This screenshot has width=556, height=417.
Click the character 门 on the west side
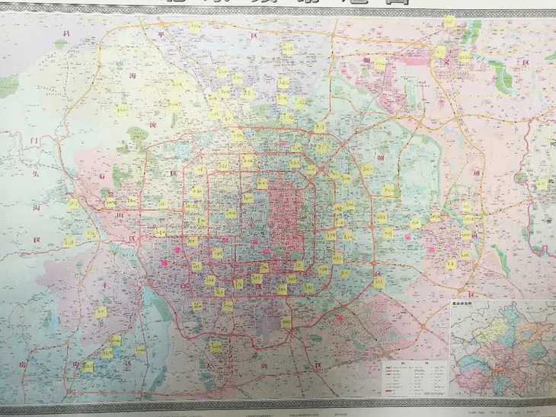pyautogui.click(x=34, y=141)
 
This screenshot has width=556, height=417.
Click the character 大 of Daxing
pyautogui.click(x=208, y=365)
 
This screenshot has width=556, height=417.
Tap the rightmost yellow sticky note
pyautogui.click(x=542, y=184)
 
